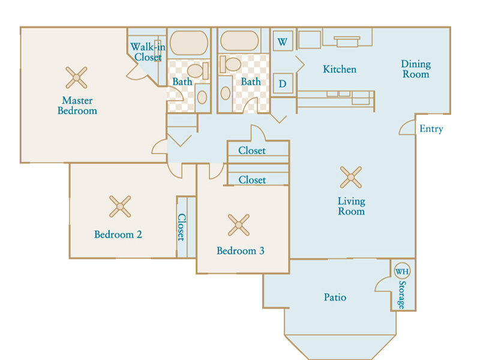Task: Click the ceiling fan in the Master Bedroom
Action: coord(76,78)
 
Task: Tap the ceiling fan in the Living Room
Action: coord(351,177)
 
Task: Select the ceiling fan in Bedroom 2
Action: coord(120,206)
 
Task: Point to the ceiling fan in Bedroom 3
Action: coord(239,225)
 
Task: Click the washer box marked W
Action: coord(283,41)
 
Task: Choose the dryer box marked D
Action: coord(283,83)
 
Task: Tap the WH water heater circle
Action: coord(401,271)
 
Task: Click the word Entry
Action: coord(431,128)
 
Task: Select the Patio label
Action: coord(335,297)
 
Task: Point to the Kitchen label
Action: coord(340,69)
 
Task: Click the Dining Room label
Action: coord(416,69)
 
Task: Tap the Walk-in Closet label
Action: coord(148,52)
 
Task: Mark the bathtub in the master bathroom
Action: coord(189,43)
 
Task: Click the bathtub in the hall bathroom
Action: coord(239,41)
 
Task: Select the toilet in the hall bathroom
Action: coord(230,64)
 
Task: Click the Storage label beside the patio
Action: coord(401,295)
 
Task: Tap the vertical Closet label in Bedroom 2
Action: coord(182,227)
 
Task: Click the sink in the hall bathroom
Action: coord(226,94)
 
